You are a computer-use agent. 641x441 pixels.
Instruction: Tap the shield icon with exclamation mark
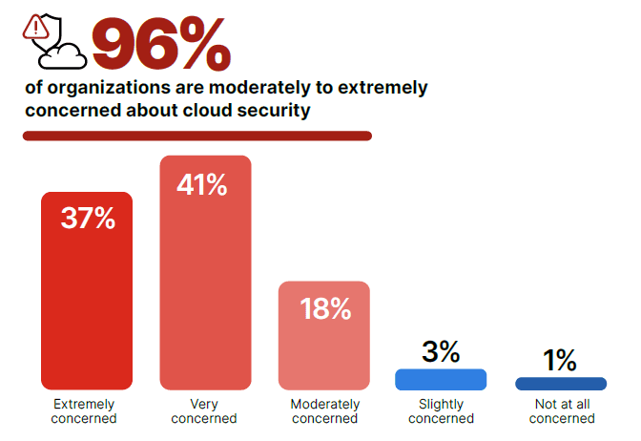pos(38,30)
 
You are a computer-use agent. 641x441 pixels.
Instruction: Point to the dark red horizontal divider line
pos(196,136)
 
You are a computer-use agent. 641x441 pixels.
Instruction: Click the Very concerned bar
pos(205,286)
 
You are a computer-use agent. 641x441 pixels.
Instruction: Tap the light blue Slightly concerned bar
pos(441,379)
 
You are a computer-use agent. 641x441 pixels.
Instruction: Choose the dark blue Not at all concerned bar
pos(560,384)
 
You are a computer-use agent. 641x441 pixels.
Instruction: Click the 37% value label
pos(88,219)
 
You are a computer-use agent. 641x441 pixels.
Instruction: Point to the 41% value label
pos(202,184)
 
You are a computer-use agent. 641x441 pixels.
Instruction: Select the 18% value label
pos(325,309)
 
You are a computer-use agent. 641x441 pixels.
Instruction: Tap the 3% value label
pos(441,351)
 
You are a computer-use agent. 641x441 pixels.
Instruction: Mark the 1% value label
pos(560,360)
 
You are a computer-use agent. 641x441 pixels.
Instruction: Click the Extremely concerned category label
pos(86,411)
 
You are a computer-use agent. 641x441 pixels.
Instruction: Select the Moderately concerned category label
pos(324,411)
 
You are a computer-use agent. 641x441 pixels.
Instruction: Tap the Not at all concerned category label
pos(561,411)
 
